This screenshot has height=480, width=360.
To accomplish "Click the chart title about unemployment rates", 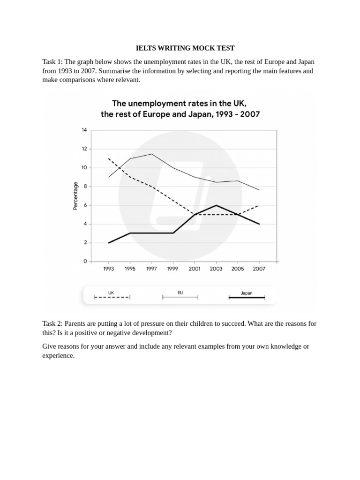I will coord(180,108).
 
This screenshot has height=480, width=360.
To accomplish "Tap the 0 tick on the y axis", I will coord(85,262).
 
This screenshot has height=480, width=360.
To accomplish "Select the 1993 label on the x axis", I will coord(109,269).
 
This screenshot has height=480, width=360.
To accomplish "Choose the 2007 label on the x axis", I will coord(259,269).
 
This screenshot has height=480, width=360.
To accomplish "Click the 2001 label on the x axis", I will coord(195,269).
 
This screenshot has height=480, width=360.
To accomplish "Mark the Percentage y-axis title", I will coord(75,196).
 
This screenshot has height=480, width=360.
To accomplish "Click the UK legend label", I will coord(111,292).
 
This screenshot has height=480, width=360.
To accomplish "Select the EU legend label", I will coord(180,292).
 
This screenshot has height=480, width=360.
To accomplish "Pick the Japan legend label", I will coord(246,293).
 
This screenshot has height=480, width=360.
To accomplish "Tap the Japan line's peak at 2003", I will coord(216,205).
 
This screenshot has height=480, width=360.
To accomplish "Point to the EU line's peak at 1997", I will coord(151,154).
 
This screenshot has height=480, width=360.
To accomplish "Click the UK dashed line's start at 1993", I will coord(109,158).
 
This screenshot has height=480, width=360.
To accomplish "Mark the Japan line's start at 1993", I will coord(109,243).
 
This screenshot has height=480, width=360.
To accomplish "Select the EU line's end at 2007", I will coord(259,190).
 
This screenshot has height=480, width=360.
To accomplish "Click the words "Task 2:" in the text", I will coord(52,323).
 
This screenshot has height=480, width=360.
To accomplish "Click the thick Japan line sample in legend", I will coord(247,297).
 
